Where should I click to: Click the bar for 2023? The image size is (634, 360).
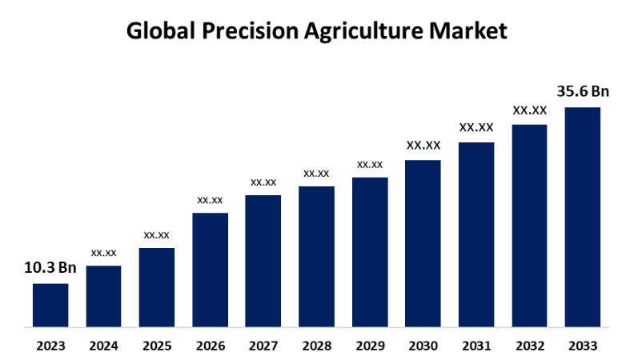pyautogui.click(x=50, y=306)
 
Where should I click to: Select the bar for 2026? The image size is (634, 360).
pyautogui.click(x=210, y=270)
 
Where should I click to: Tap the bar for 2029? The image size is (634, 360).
pyautogui.click(x=370, y=252)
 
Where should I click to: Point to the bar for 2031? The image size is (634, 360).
pyautogui.click(x=476, y=235)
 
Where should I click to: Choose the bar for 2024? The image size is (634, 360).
pyautogui.click(x=103, y=297)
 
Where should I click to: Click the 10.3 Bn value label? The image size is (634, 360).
pyautogui.click(x=50, y=268)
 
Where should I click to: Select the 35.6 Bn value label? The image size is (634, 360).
pyautogui.click(x=583, y=91)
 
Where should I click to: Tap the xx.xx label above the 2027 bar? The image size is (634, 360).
pyautogui.click(x=263, y=182)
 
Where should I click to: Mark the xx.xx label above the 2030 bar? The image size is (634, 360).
pyautogui.click(x=423, y=146)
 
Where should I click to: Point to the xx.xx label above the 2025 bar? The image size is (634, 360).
pyautogui.click(x=157, y=234)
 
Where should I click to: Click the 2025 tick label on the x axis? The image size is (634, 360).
pyautogui.click(x=157, y=346)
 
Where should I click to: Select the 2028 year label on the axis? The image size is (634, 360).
pyautogui.click(x=317, y=346)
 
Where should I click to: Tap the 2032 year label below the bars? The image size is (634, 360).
pyautogui.click(x=530, y=346)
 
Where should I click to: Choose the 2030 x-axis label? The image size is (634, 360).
pyautogui.click(x=423, y=346)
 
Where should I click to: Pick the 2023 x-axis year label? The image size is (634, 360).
pyautogui.click(x=50, y=346)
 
